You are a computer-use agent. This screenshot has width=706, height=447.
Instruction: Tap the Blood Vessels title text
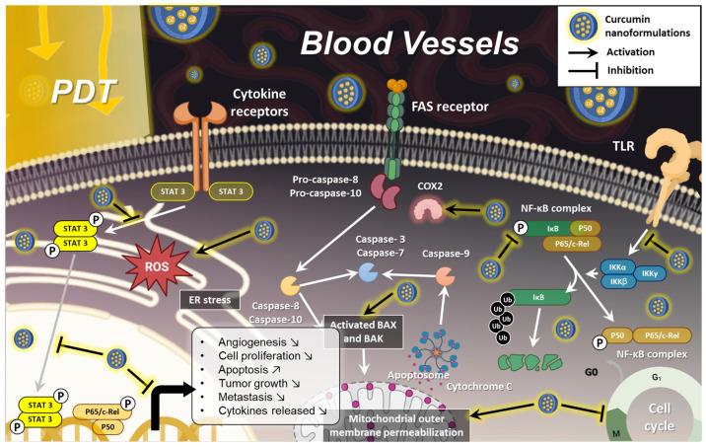pyautogui.click(x=408, y=42)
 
